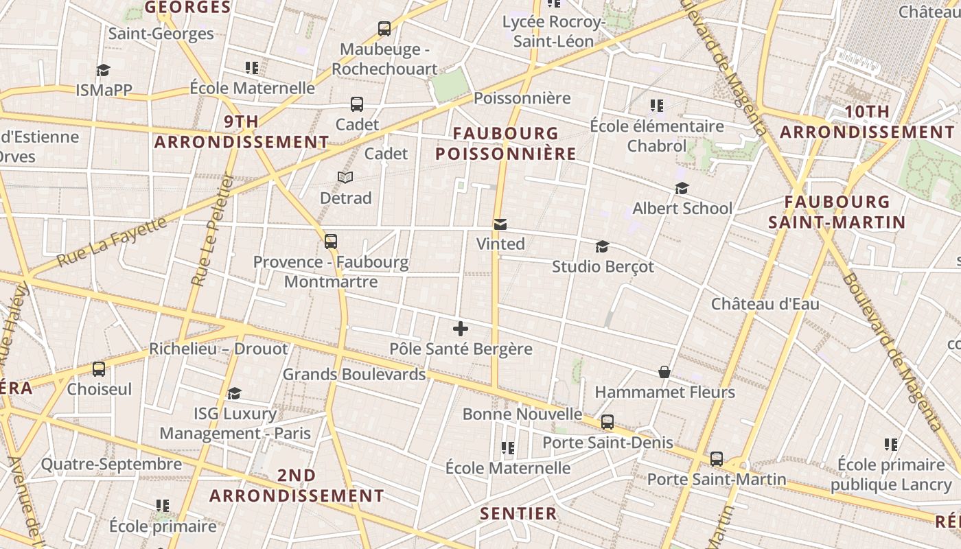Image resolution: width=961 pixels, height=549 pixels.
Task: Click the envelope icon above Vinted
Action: pos(500,224)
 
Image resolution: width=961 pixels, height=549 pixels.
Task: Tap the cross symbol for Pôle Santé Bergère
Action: pos(461,329)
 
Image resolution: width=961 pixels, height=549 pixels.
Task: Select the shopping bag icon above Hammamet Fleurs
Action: pos(664,372)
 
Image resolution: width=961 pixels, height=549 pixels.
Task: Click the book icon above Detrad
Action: pos(345,178)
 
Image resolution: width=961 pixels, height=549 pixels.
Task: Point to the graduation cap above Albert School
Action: pos(682,188)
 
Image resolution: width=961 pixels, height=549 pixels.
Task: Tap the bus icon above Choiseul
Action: pos(99,369)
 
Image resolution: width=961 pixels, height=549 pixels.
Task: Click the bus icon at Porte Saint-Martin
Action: pos(717,458)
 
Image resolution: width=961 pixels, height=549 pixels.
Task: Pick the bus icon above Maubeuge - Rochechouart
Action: pos(384,29)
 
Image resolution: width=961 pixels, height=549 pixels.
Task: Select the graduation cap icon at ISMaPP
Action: pos(103,70)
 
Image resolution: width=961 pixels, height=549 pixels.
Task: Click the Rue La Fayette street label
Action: pos(112,242)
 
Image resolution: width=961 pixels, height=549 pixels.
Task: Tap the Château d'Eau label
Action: pos(765,303)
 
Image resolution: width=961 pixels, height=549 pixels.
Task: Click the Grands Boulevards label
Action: pos(354,374)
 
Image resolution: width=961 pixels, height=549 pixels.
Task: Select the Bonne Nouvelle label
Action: pos(522,414)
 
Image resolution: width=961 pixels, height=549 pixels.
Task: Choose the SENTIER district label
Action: pos(518,513)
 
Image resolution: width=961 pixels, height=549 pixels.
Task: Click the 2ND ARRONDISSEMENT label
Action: pos(297,485)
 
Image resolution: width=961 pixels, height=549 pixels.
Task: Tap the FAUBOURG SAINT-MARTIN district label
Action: pos(837,212)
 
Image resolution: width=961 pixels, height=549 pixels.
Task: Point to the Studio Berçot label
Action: pos(603,266)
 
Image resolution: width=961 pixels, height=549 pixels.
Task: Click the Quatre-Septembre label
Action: pos(111,464)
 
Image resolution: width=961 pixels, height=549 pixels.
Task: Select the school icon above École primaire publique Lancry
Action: pos(891,445)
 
